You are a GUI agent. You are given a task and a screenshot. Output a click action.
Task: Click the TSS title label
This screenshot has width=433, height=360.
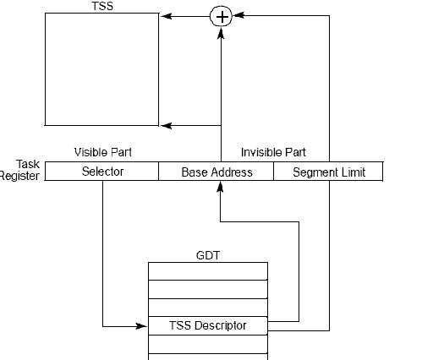tap(102, 6)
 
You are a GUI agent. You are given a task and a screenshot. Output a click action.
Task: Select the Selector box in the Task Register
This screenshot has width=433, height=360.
tap(101, 172)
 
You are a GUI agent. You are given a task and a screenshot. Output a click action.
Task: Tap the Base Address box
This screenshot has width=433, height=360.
tap(216, 172)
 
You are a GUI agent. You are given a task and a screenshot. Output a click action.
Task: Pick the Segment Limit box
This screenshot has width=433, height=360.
tap(328, 172)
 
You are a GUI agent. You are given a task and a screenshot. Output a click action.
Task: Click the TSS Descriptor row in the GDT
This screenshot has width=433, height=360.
tap(208, 325)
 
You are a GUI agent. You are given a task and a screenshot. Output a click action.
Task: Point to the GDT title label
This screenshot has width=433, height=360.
tap(208, 255)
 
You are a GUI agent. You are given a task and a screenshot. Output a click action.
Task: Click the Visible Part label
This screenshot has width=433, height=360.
tap(103, 152)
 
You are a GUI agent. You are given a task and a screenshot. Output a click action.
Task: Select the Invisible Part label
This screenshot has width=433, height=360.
tap(273, 152)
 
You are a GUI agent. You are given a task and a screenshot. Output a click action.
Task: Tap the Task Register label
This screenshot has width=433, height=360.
tap(19, 170)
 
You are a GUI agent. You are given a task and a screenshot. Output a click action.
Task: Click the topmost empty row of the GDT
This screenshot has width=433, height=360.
tap(208, 271)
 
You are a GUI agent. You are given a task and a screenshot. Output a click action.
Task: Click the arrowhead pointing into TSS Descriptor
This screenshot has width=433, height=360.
tap(141, 326)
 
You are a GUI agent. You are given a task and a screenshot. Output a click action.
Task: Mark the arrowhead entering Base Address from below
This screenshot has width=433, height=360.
tap(220, 187)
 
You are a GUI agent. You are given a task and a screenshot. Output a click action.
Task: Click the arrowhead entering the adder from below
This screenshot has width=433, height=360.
tap(221, 33)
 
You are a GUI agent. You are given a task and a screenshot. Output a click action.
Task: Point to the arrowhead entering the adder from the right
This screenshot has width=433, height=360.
tap(238, 15)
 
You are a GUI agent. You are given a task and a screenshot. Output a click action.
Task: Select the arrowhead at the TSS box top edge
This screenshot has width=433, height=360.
tap(166, 16)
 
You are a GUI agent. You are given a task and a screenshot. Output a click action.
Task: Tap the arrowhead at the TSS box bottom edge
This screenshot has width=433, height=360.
tap(166, 126)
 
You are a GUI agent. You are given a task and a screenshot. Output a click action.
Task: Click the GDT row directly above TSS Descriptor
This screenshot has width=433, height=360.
tap(208, 308)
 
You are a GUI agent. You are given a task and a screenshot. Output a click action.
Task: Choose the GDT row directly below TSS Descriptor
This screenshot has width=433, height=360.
tap(208, 344)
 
